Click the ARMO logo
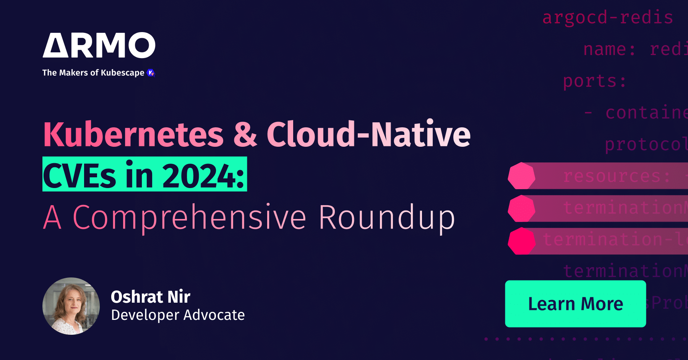tap(99, 45)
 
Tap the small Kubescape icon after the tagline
tap(151, 73)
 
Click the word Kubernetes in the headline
tap(133, 135)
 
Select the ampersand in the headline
tap(245, 135)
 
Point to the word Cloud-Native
tap(368, 135)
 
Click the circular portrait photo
tap(71, 306)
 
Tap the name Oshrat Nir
tap(151, 297)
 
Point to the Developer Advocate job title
tap(178, 315)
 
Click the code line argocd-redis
tap(608, 18)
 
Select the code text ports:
tap(595, 81)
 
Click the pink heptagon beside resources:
tap(521, 176)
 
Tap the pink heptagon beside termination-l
tap(521, 241)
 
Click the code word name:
tap(610, 49)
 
